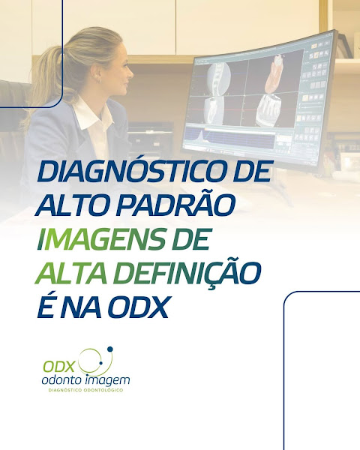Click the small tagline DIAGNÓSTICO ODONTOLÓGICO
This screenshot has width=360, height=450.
point(85,392)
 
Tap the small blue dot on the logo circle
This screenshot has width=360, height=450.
point(111,350)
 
